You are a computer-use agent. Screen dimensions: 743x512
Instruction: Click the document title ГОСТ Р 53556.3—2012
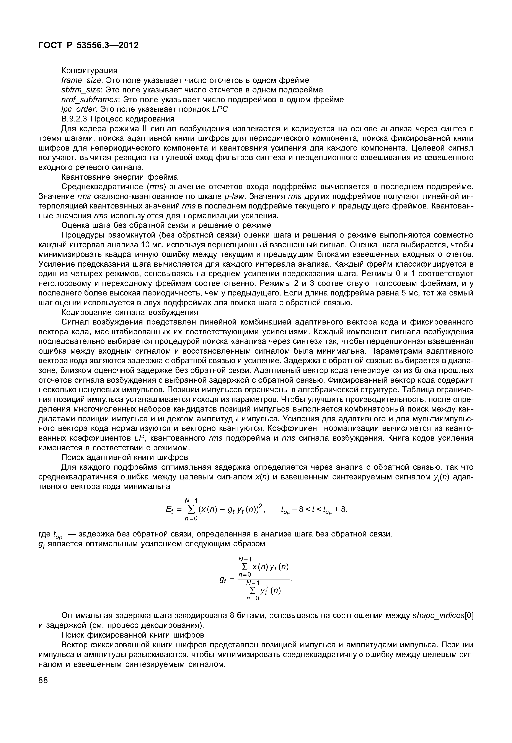[88, 46]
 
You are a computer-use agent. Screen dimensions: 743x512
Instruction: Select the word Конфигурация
[89, 70]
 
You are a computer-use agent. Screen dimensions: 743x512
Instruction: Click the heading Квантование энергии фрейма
[119, 177]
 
